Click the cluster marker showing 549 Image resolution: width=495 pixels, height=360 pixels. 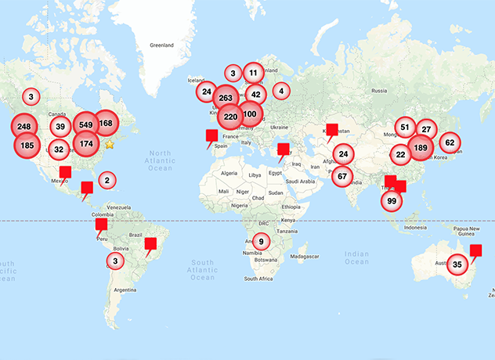pos(85,124)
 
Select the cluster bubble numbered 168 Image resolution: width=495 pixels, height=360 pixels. pos(107,123)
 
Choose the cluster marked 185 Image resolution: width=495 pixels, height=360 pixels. pos(27,145)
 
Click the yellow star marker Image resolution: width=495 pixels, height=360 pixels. pos(110,145)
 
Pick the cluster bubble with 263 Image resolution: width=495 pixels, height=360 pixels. pos(226,98)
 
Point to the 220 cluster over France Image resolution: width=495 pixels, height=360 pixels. pos(230,117)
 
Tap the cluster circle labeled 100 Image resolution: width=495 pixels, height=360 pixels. pos(250,114)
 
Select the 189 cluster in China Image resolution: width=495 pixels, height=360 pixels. pos(421,149)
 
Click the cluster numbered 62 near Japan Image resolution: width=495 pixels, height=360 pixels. pos(449,142)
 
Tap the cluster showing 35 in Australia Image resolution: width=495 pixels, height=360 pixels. pos(457,265)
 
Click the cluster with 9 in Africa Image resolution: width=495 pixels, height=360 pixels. pos(262,240)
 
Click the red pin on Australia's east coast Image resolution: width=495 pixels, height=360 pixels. pos(477,250)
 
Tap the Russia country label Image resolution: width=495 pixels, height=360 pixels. pos(380,91)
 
